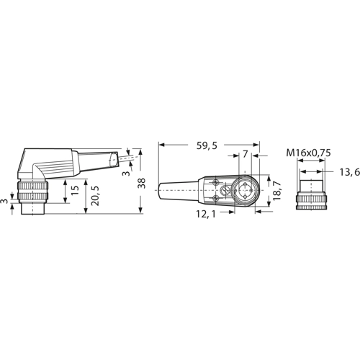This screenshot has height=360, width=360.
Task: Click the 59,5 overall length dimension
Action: coord(207,145)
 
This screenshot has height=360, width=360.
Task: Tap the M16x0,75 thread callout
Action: coord(308,153)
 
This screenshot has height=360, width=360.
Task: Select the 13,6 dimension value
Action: coord(350,172)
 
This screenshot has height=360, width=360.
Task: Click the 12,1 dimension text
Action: coord(206,214)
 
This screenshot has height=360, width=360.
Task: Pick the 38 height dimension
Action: coord(142,184)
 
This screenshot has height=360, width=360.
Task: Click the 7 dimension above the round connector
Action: coord(245,154)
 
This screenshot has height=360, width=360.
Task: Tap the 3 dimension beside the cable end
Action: coord(125,173)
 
